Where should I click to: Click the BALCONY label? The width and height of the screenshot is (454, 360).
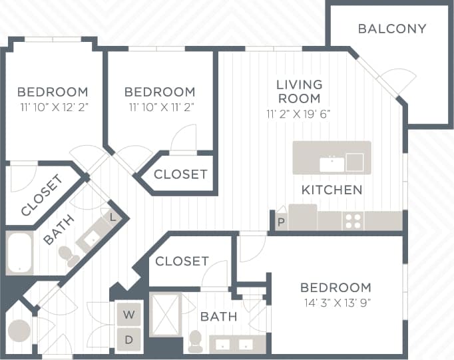(x=391, y=29)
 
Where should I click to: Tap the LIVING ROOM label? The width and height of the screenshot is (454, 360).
(x=299, y=92)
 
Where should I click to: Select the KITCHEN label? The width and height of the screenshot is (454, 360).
(x=332, y=190)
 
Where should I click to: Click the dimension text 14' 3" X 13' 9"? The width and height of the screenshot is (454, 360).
(x=336, y=303)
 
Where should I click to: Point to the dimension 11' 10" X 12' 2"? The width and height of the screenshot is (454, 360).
(x=53, y=106)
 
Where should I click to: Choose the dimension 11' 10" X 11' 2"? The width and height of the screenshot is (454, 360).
(x=160, y=106)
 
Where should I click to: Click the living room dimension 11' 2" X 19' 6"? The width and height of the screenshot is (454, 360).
(x=299, y=113)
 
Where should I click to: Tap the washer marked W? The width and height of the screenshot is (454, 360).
(x=129, y=314)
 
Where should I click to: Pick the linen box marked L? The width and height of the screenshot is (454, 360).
(x=113, y=216)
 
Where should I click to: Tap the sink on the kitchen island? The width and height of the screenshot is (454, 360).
(x=330, y=163)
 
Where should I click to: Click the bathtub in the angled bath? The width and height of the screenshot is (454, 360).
(x=20, y=253)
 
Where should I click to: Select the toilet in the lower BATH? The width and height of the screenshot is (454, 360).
(x=196, y=341)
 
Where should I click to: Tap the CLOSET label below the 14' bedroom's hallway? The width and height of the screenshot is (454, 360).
(x=182, y=262)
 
